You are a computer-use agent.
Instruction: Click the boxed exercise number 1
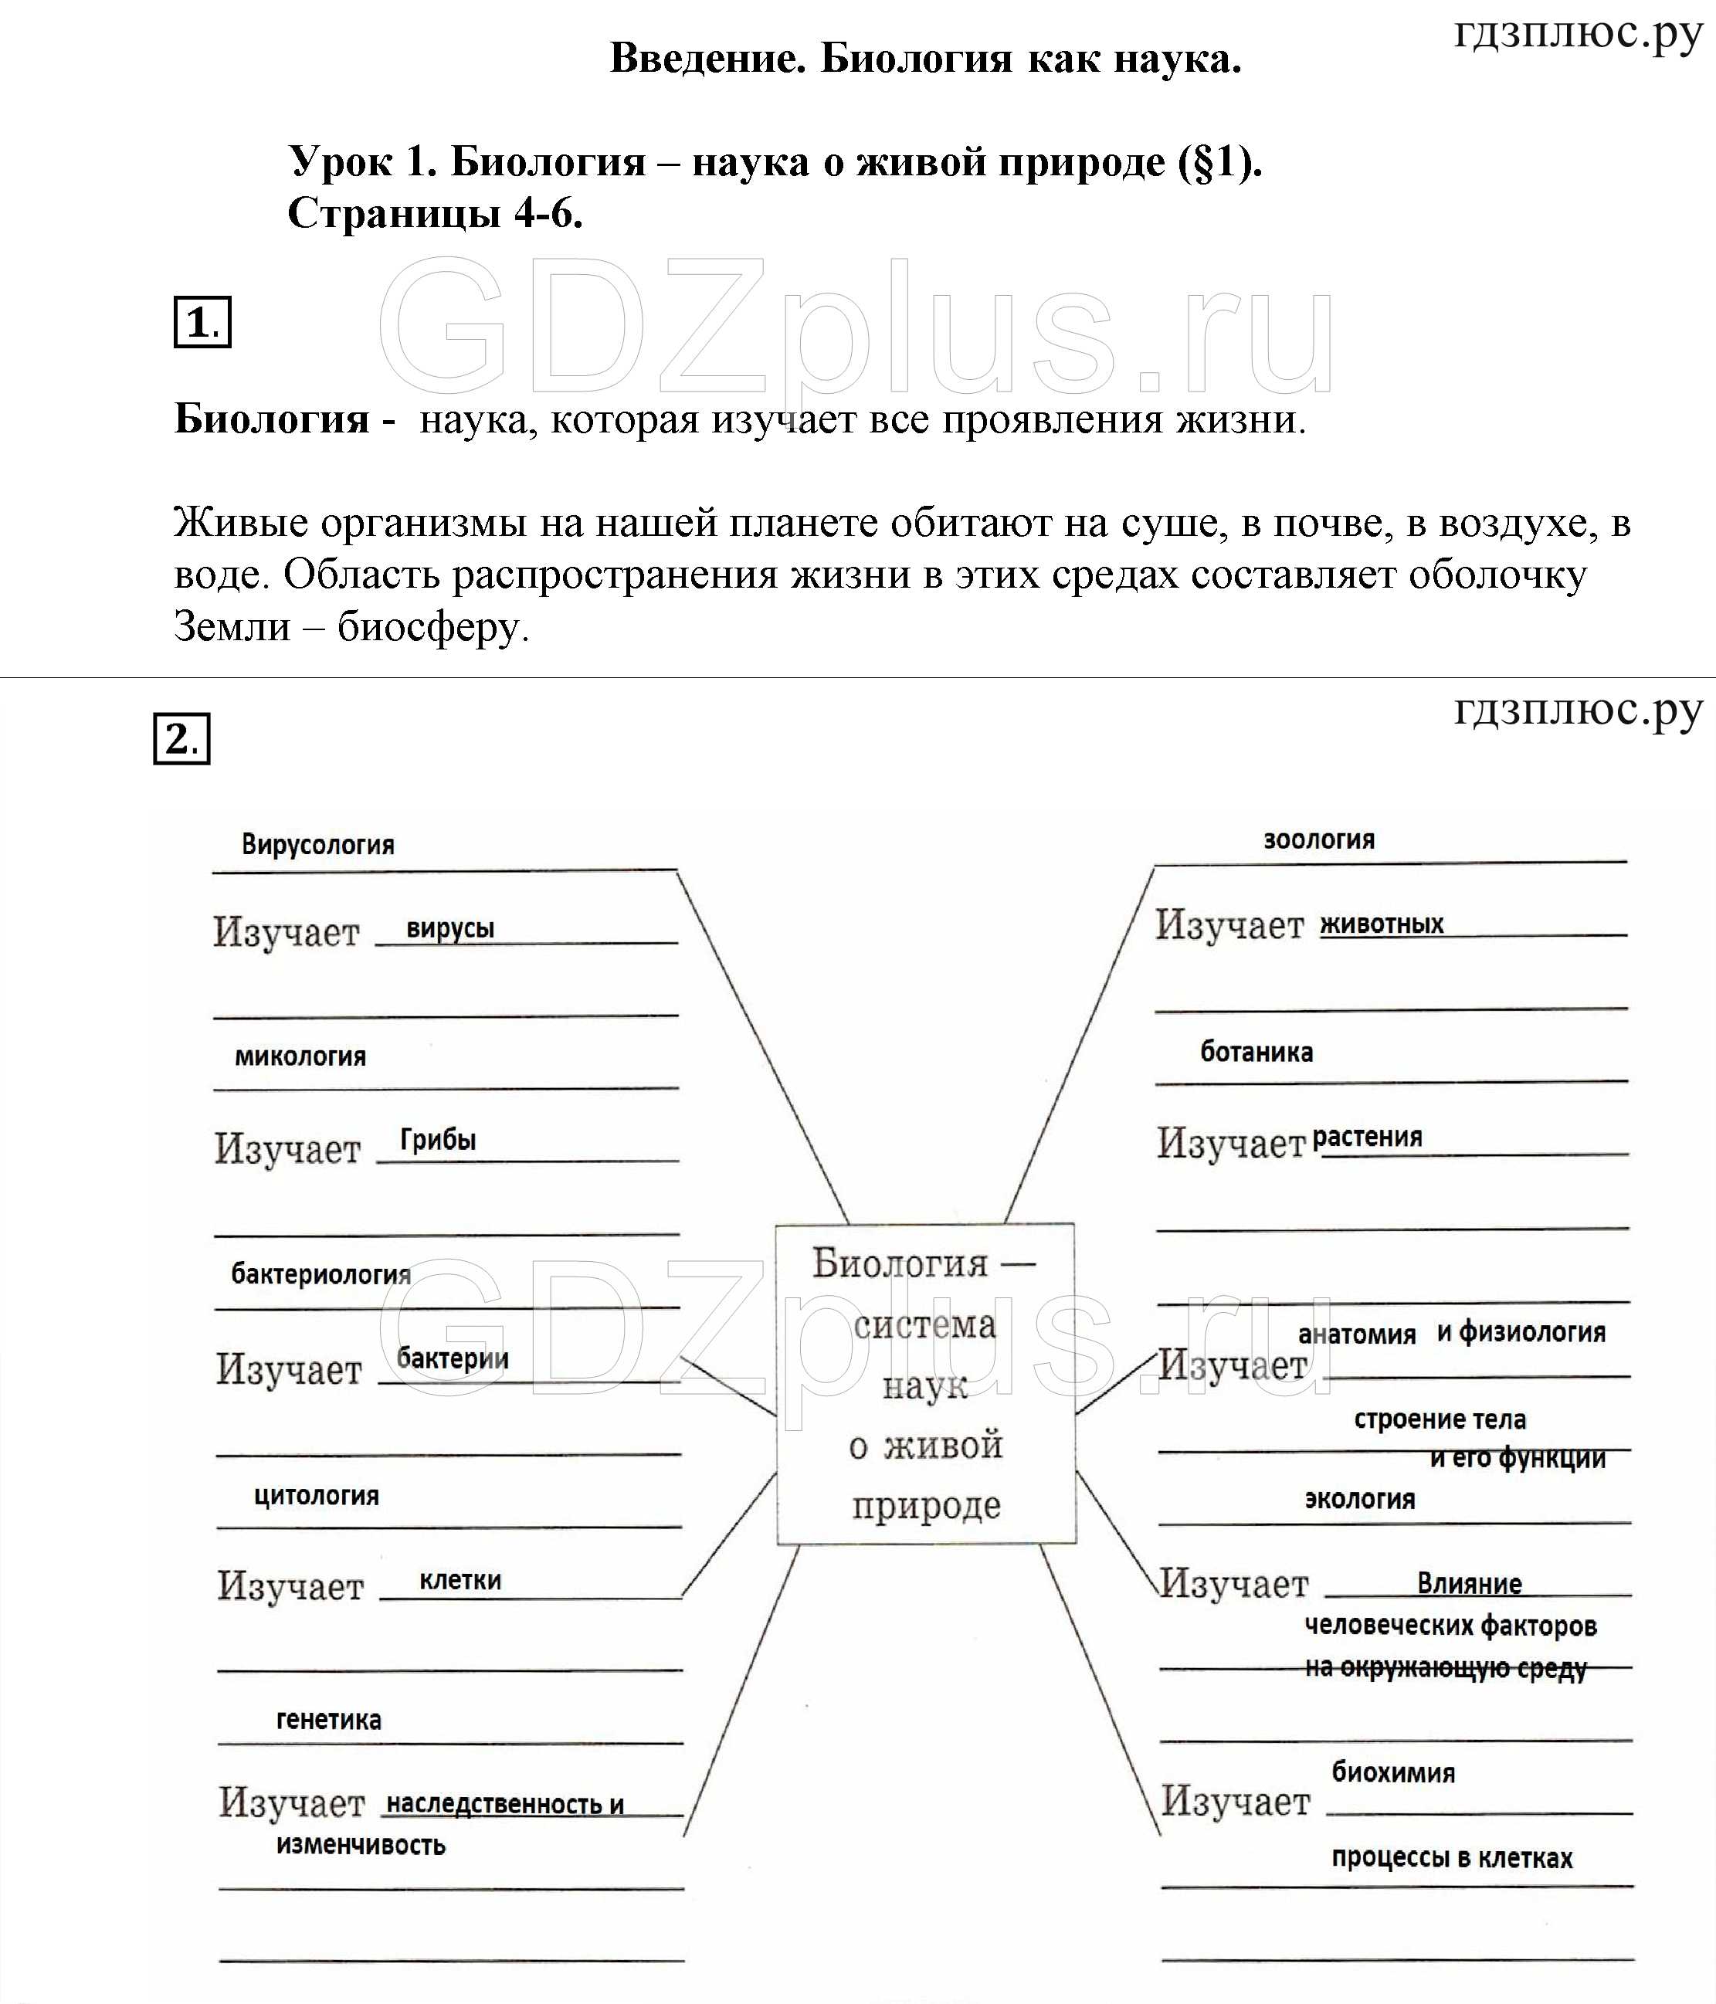tap(202, 322)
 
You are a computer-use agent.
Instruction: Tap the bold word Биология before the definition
tap(272, 419)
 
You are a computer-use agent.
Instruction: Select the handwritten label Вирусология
tap(317, 844)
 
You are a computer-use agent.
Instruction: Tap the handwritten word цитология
tap(317, 1495)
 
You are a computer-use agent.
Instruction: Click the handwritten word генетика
tap(329, 1720)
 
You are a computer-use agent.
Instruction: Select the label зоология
tap(1318, 839)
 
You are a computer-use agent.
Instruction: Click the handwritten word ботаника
tap(1256, 1053)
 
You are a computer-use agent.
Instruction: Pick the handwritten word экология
tap(1359, 1499)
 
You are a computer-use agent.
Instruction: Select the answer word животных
tap(1382, 924)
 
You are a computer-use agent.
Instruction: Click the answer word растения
tap(1367, 1137)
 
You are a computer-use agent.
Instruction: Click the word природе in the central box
tap(926, 1506)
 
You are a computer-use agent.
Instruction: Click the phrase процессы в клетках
tap(1451, 1857)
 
